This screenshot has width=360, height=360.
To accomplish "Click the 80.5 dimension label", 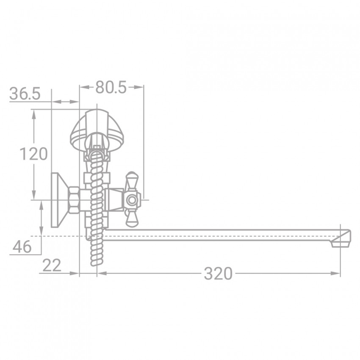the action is (111, 88).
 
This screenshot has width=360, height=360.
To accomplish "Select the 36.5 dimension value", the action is (25, 94).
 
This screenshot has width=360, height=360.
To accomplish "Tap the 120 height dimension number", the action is (34, 154).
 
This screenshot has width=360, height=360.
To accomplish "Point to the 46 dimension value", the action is (22, 246).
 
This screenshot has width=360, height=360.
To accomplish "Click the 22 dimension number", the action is (52, 265).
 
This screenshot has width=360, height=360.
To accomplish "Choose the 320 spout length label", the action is (218, 274).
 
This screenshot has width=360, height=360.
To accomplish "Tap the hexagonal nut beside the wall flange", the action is (74, 200).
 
